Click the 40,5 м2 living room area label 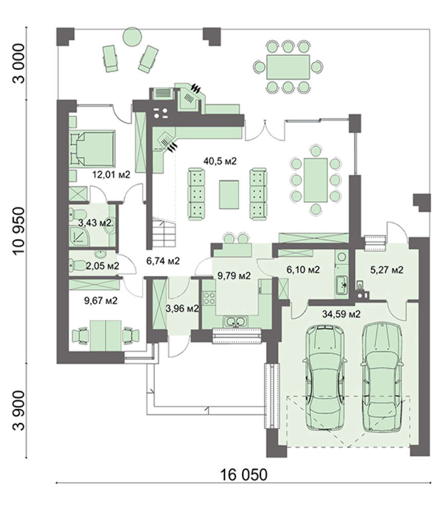tap(220, 161)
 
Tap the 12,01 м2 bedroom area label tap(111, 174)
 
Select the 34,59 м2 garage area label tap(341, 314)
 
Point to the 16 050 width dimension tap(243, 474)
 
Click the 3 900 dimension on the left tap(18, 411)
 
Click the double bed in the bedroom tap(92, 148)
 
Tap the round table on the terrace tap(132, 36)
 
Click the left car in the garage tap(324, 376)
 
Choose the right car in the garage tap(381, 377)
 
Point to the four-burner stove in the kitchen tap(209, 298)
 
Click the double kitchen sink tap(235, 321)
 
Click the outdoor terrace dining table tap(288, 67)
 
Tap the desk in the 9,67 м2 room tap(105, 335)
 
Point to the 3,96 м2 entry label tap(182, 308)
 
